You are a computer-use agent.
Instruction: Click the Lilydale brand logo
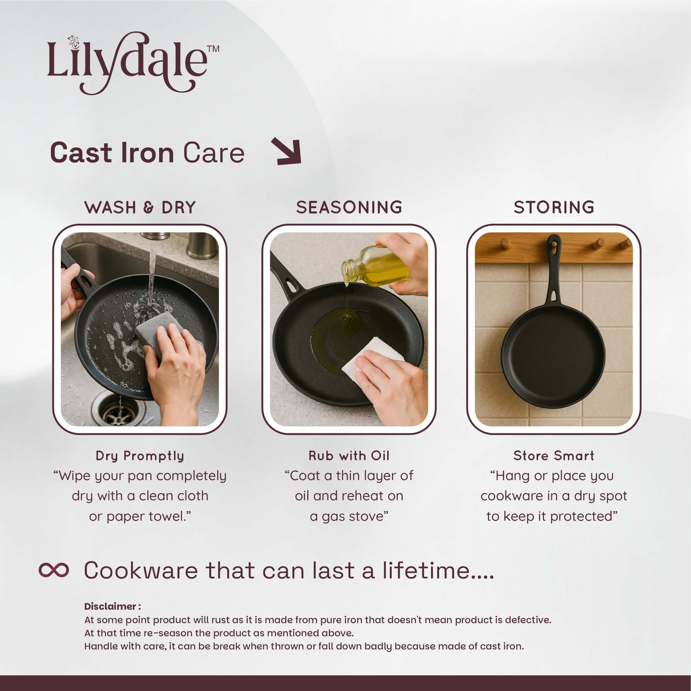[133, 63]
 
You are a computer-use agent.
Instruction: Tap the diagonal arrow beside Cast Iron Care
[287, 151]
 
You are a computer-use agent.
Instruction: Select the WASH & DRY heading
[140, 207]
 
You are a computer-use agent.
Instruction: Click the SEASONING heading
[349, 207]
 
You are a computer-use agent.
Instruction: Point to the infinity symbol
[54, 570]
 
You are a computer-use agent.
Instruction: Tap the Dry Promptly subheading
[140, 456]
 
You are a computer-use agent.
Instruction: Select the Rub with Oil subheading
[349, 456]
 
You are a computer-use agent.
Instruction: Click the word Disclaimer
[111, 606]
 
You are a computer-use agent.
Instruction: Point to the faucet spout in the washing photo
[154, 236]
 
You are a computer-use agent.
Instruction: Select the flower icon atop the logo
[74, 42]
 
